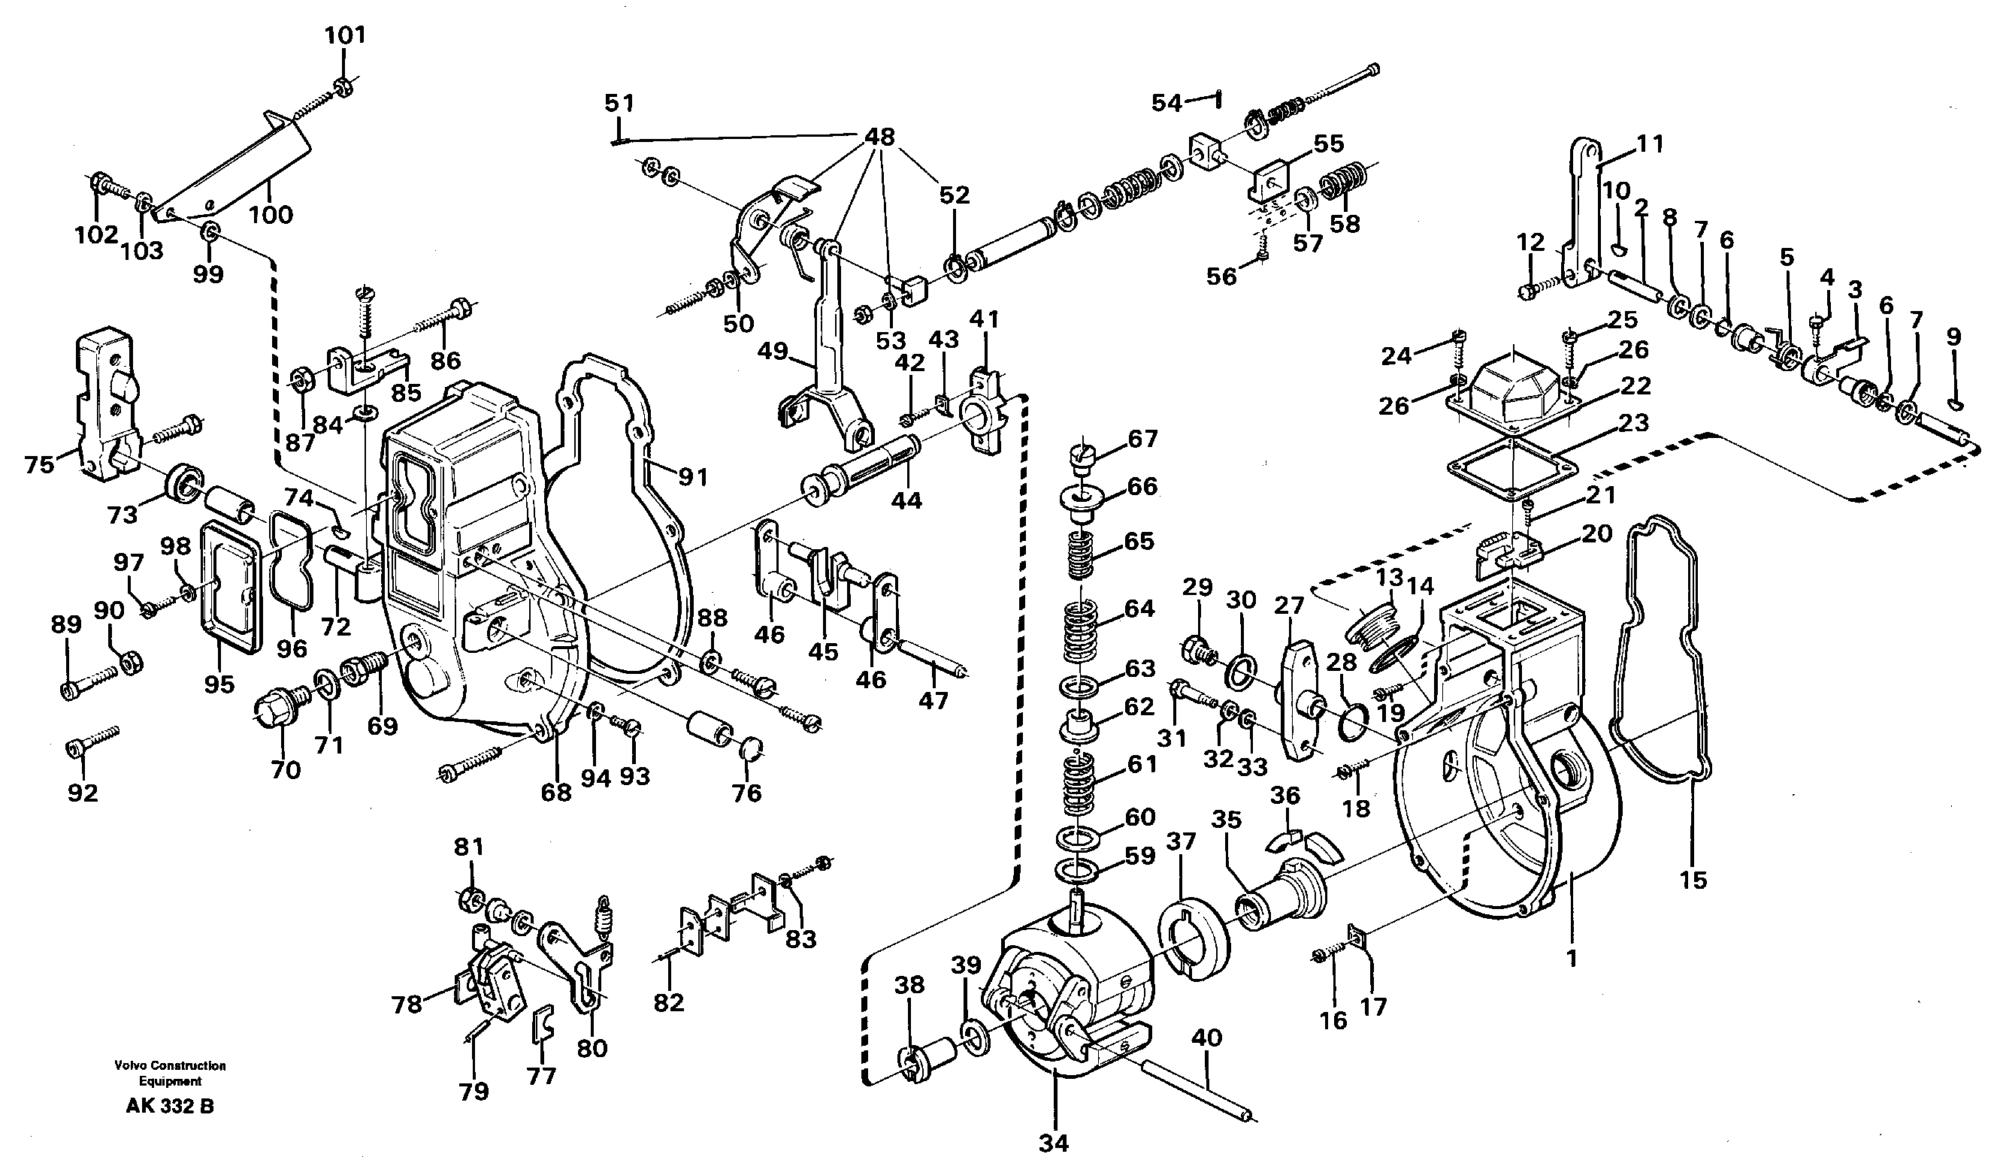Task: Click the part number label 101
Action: [x=345, y=35]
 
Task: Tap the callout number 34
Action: [x=1054, y=1143]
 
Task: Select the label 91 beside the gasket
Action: [x=692, y=477]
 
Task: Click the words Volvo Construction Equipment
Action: [x=170, y=1073]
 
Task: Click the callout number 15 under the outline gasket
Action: [x=1693, y=880]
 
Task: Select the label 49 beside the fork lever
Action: [x=773, y=351]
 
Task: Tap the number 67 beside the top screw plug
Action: [x=1142, y=439]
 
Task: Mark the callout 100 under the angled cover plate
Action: [x=271, y=215]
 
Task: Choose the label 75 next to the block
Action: [x=39, y=464]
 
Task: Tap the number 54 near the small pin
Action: [x=1167, y=103]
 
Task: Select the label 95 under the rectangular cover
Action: [x=219, y=683]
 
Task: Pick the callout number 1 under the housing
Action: [x=1571, y=959]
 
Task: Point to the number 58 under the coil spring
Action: [x=1345, y=223]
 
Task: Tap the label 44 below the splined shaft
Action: [x=906, y=500]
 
